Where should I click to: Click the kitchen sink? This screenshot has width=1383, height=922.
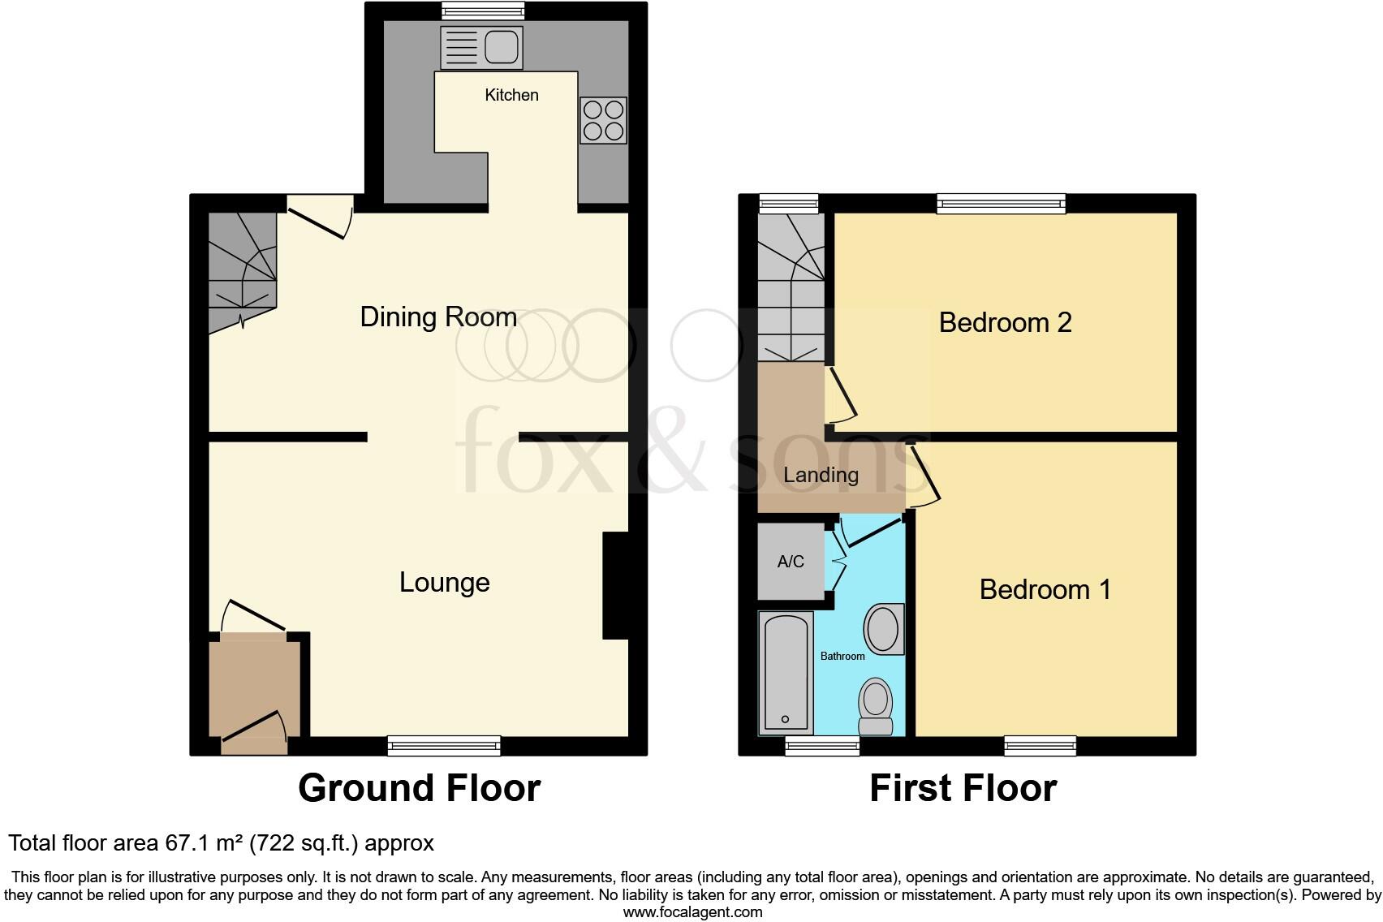click(x=481, y=47)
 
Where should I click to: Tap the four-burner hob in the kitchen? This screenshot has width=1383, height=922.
click(x=603, y=121)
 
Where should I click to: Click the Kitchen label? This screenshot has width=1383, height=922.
click(x=511, y=95)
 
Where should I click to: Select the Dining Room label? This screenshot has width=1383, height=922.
click(x=438, y=317)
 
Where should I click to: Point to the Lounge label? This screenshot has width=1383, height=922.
click(x=445, y=582)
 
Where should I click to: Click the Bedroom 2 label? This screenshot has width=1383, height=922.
click(x=1005, y=322)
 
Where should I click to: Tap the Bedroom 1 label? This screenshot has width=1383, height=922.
click(x=1045, y=589)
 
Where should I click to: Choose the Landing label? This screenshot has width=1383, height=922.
click(x=821, y=475)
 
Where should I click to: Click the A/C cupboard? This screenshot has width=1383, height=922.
click(x=791, y=561)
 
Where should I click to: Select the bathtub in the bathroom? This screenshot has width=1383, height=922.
click(x=785, y=672)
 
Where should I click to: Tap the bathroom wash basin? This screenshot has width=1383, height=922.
click(x=883, y=629)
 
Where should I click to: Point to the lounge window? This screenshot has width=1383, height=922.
click(x=444, y=745)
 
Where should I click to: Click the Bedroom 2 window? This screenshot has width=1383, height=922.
click(x=1001, y=203)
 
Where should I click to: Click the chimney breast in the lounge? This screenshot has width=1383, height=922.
click(x=615, y=584)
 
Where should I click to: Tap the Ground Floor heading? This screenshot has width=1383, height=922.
click(x=419, y=788)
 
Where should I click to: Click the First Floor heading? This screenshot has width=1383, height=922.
click(x=963, y=788)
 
